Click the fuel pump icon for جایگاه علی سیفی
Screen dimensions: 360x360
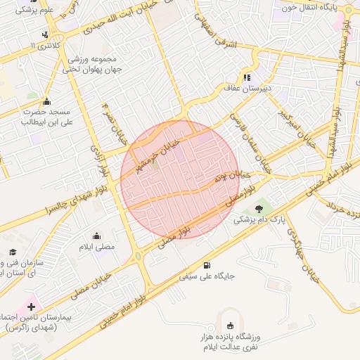click(206, 265)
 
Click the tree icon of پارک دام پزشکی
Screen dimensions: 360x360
click(259, 208)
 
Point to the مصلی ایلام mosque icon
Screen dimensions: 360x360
click(96, 236)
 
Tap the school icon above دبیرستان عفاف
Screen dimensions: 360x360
click(246, 77)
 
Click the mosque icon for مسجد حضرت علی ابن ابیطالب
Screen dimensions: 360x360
click(46, 101)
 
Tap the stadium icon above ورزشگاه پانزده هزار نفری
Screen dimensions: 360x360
click(231, 325)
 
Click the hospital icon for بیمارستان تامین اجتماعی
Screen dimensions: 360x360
click(31, 307)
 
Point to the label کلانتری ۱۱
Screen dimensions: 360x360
click(46, 46)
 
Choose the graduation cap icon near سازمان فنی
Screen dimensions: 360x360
click(12, 252)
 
